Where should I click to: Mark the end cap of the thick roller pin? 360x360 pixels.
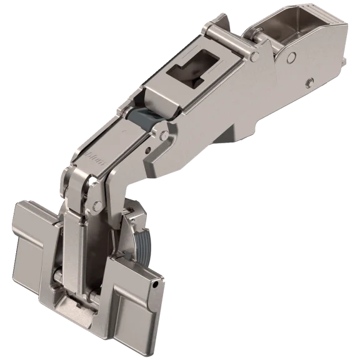255,56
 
